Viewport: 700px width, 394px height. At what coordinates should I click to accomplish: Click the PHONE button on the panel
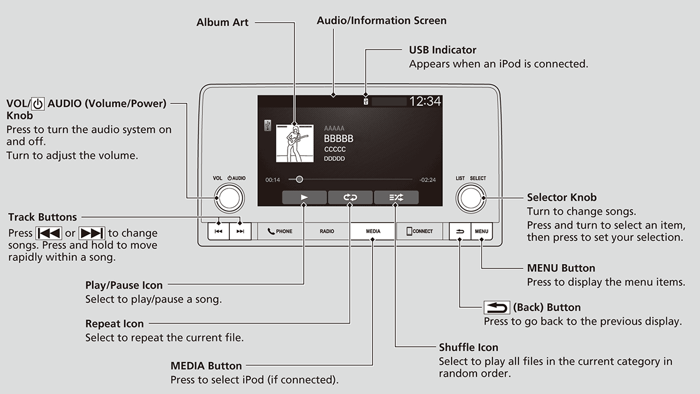click(x=280, y=231)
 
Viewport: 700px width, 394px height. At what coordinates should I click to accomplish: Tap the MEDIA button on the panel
click(x=373, y=231)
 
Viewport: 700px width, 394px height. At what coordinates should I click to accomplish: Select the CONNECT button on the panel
click(x=419, y=231)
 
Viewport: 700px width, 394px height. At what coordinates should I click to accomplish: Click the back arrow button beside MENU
click(x=460, y=231)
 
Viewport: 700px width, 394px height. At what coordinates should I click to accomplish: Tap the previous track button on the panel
click(x=218, y=231)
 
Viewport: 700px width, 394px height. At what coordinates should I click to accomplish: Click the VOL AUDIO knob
click(x=229, y=198)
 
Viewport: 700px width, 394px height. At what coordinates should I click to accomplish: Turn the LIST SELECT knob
click(x=470, y=198)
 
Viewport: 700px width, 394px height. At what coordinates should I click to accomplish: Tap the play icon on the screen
click(x=304, y=198)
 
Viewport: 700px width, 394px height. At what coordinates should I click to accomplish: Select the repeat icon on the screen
click(x=350, y=198)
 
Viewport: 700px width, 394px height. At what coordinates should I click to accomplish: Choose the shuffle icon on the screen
click(x=396, y=198)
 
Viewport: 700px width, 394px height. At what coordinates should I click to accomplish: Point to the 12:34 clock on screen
click(x=425, y=101)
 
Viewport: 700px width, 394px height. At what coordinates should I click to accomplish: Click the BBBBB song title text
click(x=338, y=139)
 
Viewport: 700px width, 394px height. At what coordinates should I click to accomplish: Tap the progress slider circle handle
click(x=299, y=180)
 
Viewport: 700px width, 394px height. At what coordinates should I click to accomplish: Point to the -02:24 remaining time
click(x=428, y=180)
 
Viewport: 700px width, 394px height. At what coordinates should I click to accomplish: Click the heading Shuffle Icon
click(x=468, y=348)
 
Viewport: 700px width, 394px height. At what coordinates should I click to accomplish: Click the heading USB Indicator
click(x=443, y=50)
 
